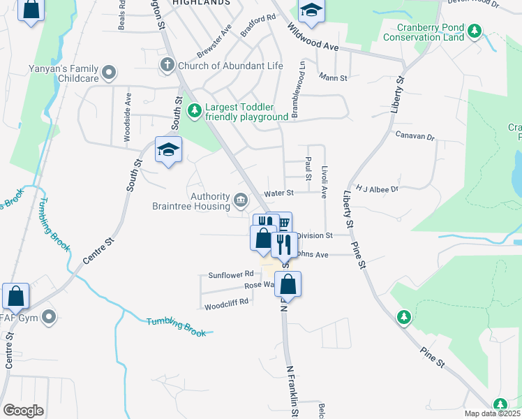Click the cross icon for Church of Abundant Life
(x=167, y=66)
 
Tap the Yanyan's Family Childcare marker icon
(x=109, y=73)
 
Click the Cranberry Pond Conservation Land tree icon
(x=475, y=30)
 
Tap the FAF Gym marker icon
(x=48, y=318)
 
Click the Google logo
(x=23, y=411)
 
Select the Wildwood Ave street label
(x=314, y=38)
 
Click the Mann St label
(x=333, y=77)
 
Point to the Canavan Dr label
(x=415, y=135)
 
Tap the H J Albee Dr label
(x=376, y=189)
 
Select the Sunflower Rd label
(x=230, y=275)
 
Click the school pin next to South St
(x=168, y=149)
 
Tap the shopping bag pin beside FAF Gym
(x=16, y=295)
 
